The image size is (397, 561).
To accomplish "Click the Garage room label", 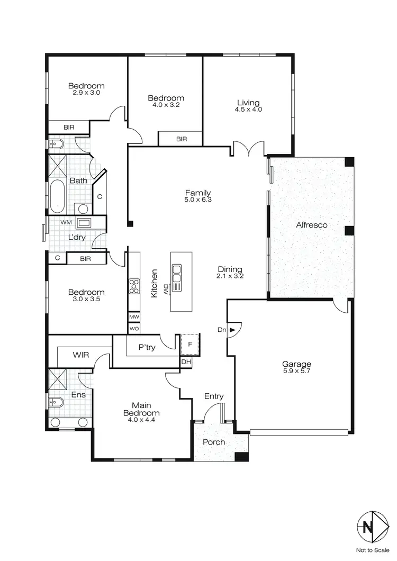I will tap(296, 364).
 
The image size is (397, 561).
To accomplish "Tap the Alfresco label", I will tap(311, 225).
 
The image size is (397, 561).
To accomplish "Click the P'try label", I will tap(146, 348).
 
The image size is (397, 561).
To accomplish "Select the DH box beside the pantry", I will tap(186, 362).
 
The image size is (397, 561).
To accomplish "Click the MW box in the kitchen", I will tap(134, 316).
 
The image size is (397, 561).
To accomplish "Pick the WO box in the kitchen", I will tap(134, 329).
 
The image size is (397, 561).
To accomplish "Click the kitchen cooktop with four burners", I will tap(134, 286).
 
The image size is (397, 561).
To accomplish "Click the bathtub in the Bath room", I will tap(57, 194).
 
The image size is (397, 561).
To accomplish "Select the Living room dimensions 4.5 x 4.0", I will tap(248, 110).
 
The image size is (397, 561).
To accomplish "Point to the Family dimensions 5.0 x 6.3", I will tap(198, 200).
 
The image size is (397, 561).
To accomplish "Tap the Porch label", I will tap(214, 442).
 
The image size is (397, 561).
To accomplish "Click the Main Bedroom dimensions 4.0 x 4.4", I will tap(141, 420).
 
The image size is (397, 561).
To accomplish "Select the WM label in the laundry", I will tap(66, 222).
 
